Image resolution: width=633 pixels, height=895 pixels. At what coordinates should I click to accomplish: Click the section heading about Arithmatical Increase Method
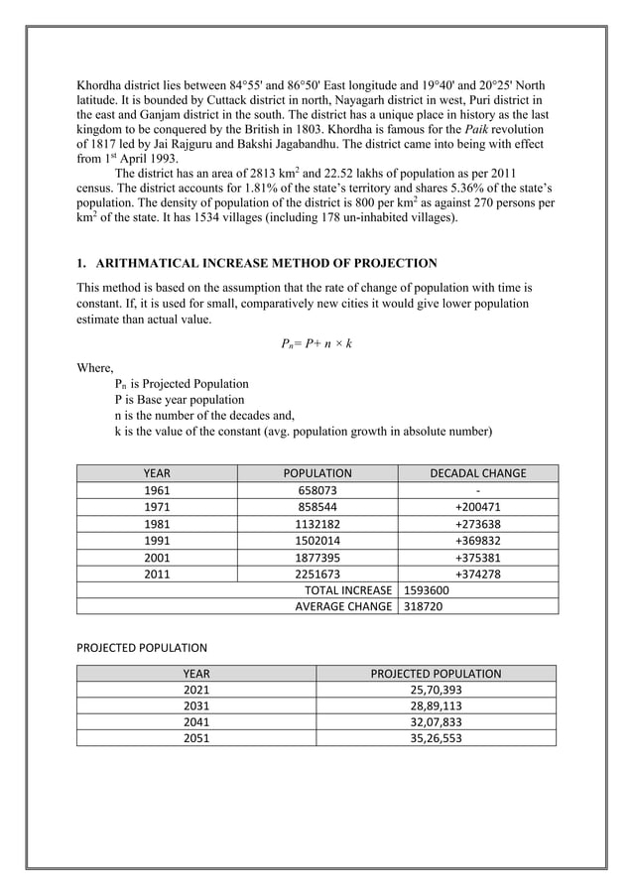(257, 263)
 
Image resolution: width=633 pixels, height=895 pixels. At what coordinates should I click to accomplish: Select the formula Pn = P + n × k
(316, 343)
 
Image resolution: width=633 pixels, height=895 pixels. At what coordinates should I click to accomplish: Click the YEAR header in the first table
(156, 473)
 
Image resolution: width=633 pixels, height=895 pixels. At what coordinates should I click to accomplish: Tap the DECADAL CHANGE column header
(477, 473)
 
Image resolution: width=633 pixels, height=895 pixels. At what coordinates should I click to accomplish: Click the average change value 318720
(420, 606)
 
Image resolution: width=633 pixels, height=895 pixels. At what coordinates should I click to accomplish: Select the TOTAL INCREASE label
(347, 589)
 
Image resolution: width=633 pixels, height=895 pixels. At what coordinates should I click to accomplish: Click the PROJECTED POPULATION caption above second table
(142, 648)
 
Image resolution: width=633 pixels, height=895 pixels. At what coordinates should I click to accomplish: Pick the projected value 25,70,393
(436, 690)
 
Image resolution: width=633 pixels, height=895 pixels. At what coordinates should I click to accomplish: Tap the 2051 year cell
(196, 738)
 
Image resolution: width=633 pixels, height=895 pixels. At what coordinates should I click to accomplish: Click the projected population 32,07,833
(436, 722)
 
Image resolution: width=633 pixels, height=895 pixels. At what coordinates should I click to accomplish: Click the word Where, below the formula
(95, 367)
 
